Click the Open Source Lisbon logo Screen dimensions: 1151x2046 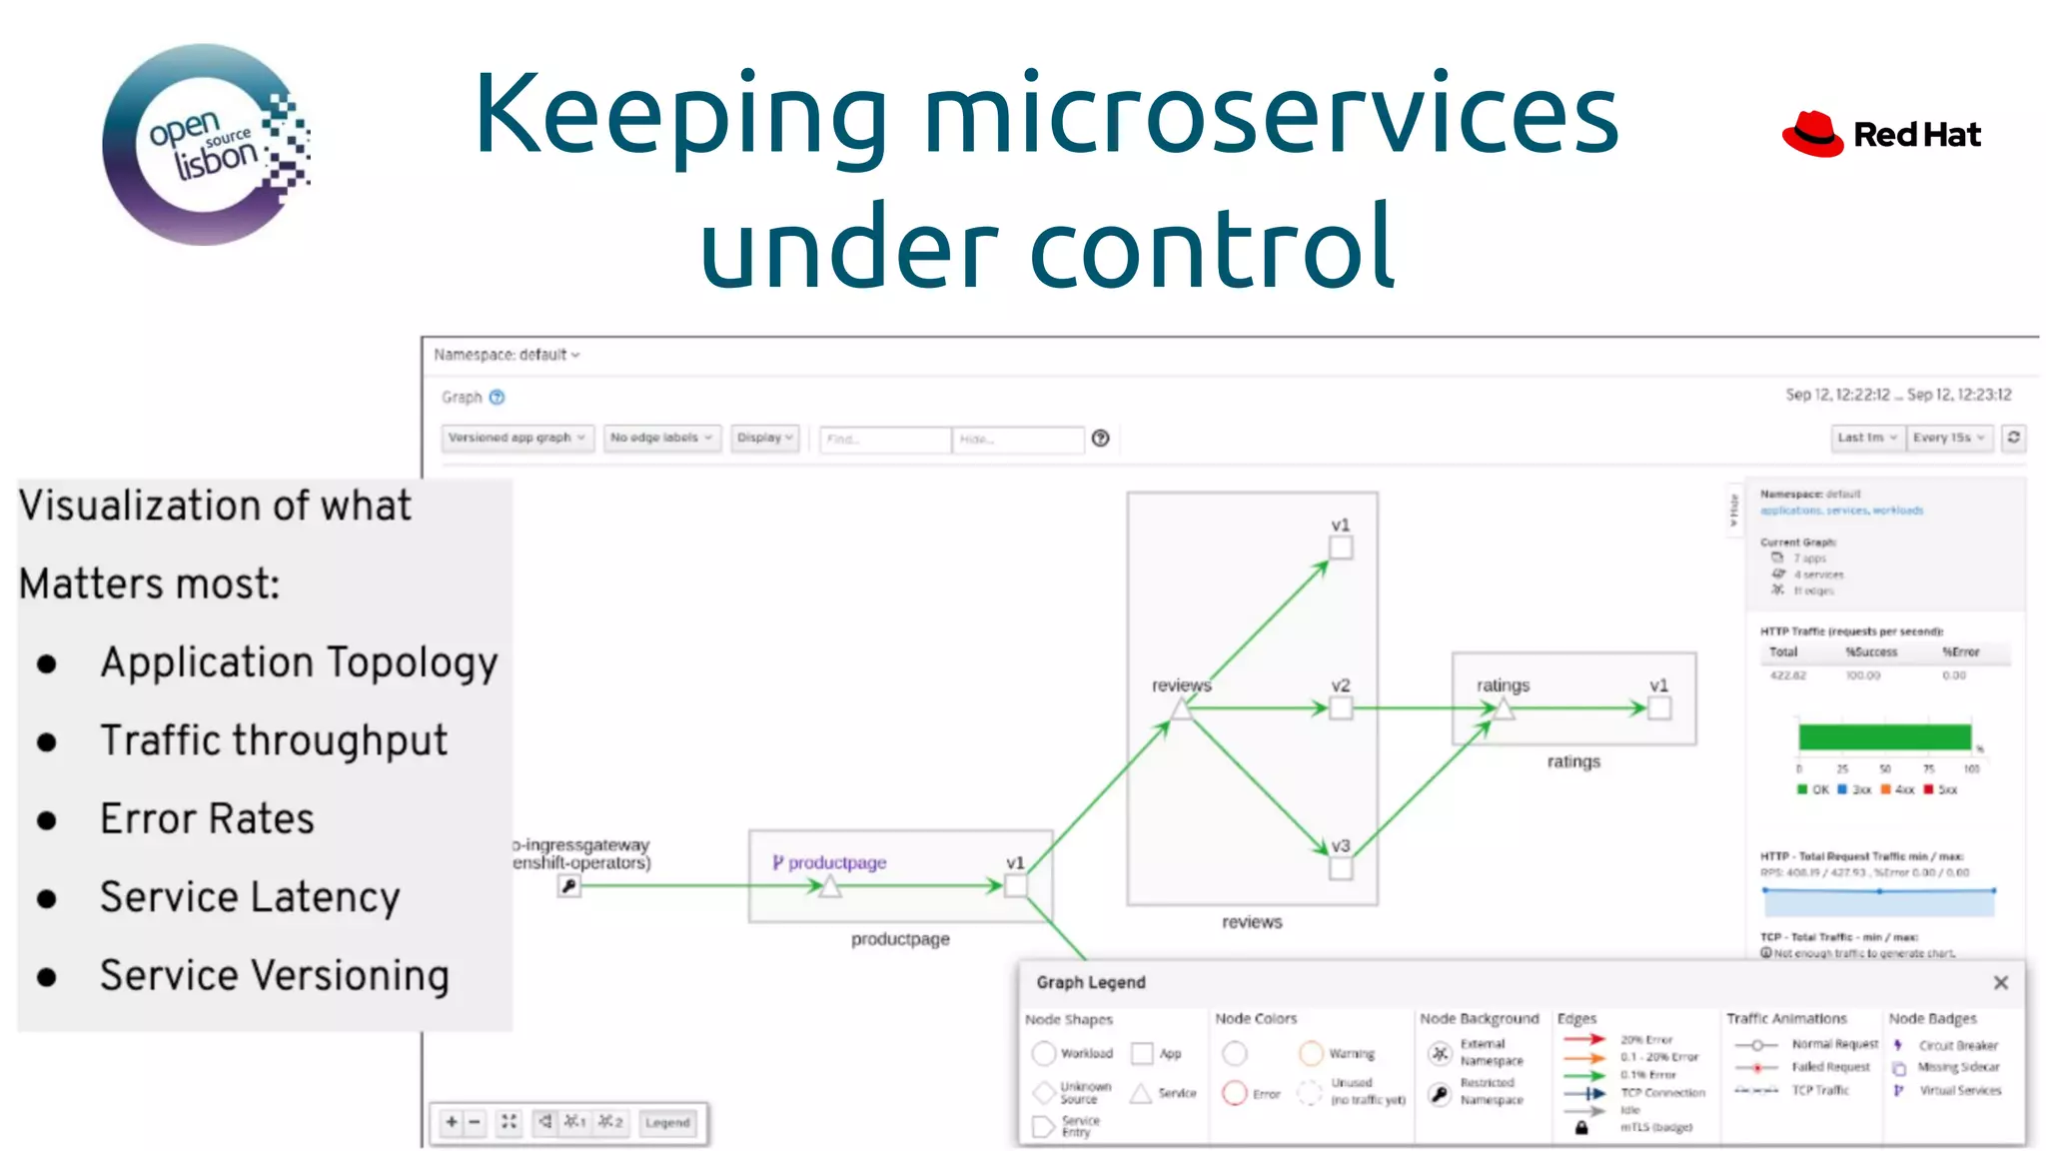[x=205, y=145]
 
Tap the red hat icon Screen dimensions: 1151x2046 [x=1812, y=135]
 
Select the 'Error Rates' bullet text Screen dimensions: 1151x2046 [x=207, y=819]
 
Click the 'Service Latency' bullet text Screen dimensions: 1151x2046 [x=250, y=897]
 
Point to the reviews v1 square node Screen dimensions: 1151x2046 [x=1341, y=548]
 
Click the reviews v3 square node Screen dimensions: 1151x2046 [x=1341, y=868]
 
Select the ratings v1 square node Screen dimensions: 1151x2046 [x=1659, y=708]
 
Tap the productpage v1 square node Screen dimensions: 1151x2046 [x=1015, y=885]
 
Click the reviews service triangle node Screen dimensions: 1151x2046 [x=1182, y=709]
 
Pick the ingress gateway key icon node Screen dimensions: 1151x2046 [x=568, y=885]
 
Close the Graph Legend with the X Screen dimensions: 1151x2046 [x=2000, y=983]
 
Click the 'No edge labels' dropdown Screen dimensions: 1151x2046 [x=661, y=438]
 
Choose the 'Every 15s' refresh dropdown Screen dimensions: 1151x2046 [x=1948, y=438]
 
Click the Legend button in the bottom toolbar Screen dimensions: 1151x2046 [x=667, y=1123]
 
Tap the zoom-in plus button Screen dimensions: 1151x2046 [x=452, y=1122]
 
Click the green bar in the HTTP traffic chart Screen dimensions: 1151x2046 [x=1884, y=737]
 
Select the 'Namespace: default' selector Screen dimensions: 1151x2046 [x=507, y=355]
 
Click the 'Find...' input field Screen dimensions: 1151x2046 [x=884, y=439]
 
